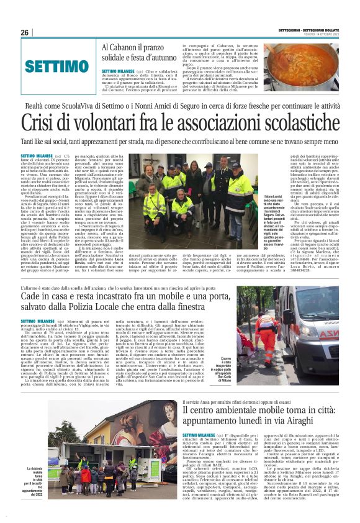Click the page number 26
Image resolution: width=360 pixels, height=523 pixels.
[x=24, y=32]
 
